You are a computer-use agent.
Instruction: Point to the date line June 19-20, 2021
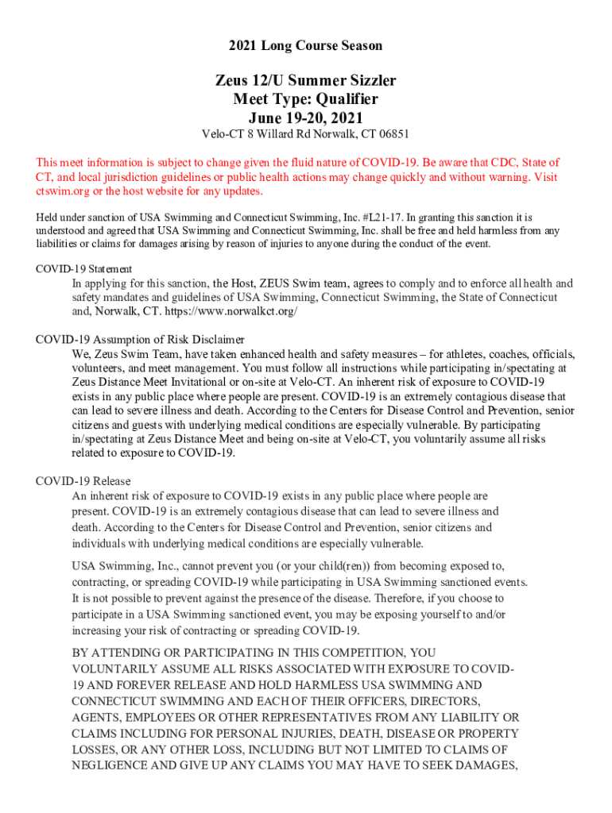coord(306,118)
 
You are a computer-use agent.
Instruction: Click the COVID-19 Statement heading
coord(84,269)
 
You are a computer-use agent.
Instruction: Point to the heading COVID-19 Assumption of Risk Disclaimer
coord(140,339)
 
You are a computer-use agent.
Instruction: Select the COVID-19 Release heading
coord(83,481)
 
